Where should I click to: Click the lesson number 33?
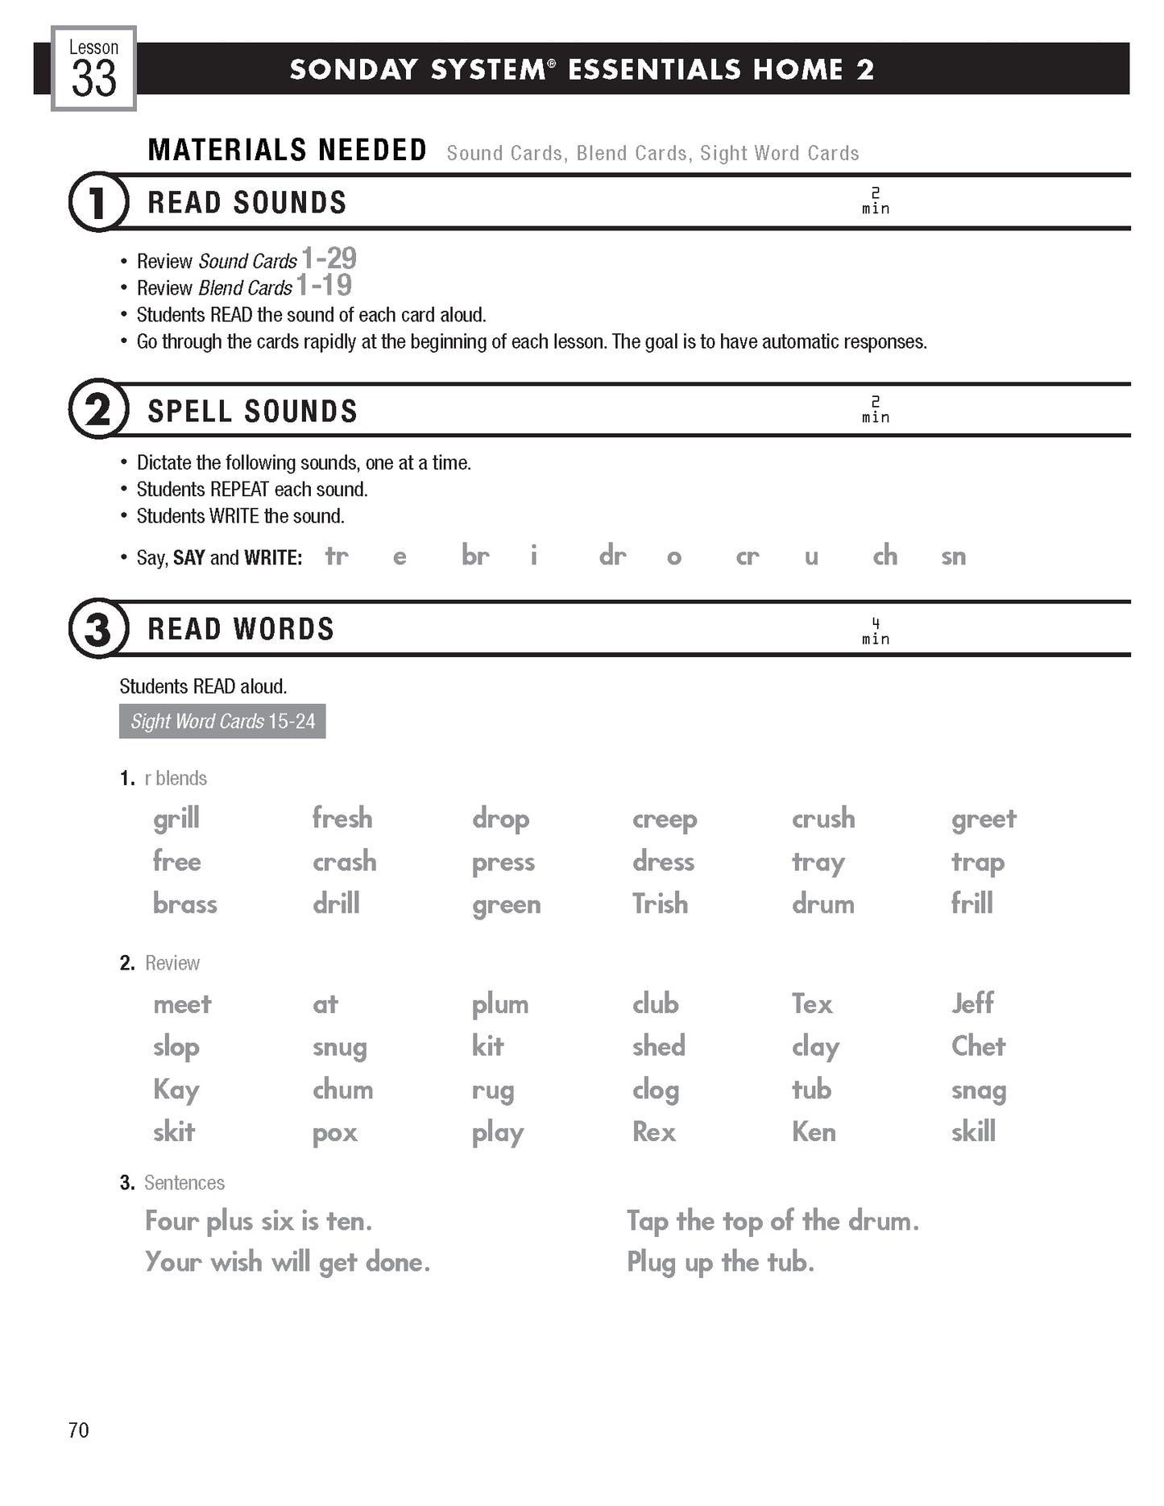(93, 78)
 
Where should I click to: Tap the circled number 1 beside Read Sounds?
(98, 202)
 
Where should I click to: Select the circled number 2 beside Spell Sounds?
(98, 410)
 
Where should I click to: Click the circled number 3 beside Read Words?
(98, 629)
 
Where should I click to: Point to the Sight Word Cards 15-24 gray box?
(222, 722)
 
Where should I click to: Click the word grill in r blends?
(176, 819)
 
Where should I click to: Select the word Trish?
(660, 904)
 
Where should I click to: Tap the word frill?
(971, 904)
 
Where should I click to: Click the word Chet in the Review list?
(978, 1046)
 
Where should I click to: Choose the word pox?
(334, 1133)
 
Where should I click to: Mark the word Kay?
(176, 1090)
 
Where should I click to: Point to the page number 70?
(79, 1430)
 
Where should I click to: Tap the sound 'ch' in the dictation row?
(884, 556)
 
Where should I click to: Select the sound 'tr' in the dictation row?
(337, 556)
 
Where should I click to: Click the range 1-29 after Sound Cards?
(329, 259)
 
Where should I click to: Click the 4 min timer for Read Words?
(876, 631)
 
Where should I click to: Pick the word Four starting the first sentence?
(172, 1222)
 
